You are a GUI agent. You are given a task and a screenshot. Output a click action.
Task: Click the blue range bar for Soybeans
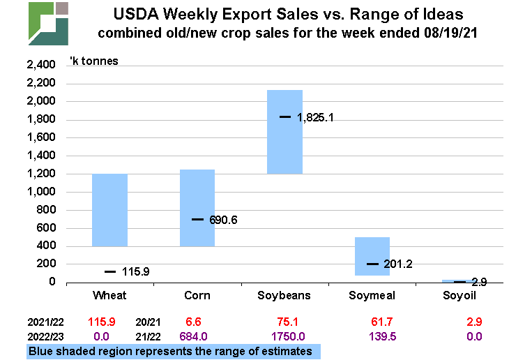pyautogui.click(x=285, y=132)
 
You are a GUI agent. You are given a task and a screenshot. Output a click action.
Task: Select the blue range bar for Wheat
pyautogui.click(x=109, y=210)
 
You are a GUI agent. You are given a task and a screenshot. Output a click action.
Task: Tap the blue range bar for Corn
pyautogui.click(x=197, y=207)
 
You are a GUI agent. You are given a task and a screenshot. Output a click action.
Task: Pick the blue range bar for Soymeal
pyautogui.click(x=372, y=256)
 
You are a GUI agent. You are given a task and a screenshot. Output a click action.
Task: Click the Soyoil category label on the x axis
pyautogui.click(x=461, y=295)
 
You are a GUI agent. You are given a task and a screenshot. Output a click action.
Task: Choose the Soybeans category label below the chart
pyautogui.click(x=285, y=295)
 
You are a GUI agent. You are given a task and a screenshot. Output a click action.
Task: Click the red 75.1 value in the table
pyautogui.click(x=285, y=323)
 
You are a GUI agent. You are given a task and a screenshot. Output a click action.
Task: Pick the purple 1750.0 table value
pyautogui.click(x=285, y=336)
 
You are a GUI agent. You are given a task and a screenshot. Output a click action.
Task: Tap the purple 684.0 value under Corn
pyautogui.click(x=197, y=336)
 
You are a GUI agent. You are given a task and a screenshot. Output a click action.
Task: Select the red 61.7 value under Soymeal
pyautogui.click(x=372, y=323)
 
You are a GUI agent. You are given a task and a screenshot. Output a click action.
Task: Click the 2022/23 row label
pyautogui.click(x=47, y=336)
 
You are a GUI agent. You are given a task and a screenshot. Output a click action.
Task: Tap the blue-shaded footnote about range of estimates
pyautogui.click(x=172, y=351)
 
